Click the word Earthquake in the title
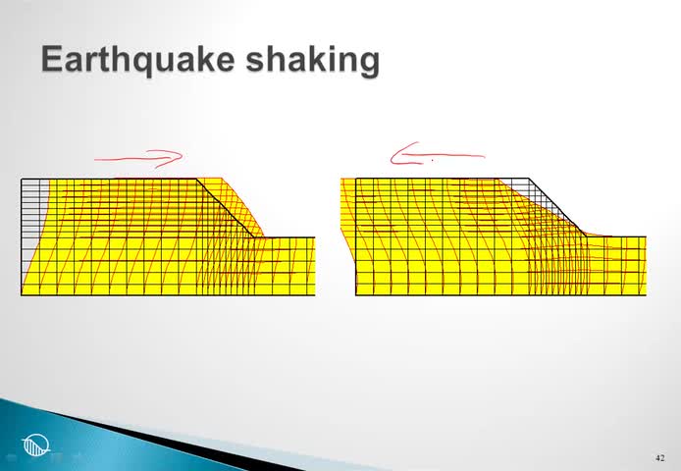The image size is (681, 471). coord(138,61)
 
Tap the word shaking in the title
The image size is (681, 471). coord(313,61)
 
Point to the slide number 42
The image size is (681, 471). coord(659,458)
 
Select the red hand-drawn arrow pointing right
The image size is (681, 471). coord(138,159)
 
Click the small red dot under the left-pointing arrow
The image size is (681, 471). coord(432,160)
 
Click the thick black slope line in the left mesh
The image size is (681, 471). coord(225,208)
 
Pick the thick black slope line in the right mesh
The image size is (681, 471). coord(557,208)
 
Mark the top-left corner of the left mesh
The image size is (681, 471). coord(22,179)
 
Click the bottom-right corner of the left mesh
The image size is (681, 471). coord(314,295)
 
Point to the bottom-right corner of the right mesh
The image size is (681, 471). coord(647,295)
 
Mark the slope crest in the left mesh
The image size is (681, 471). coord(196,179)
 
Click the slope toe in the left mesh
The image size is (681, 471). coord(254,237)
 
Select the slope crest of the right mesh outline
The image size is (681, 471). coord(529,179)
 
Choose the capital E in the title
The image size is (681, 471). coord(51,59)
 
